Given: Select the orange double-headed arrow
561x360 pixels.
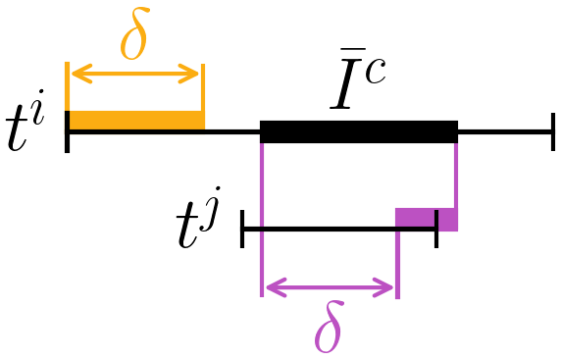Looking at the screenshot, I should [x=134, y=75].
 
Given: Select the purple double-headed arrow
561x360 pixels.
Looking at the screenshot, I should [x=329, y=288].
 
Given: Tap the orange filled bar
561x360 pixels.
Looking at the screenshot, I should [x=135, y=121].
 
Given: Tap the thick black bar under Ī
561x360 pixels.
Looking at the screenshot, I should [x=359, y=131].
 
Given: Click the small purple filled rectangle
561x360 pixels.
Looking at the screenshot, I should [x=427, y=219].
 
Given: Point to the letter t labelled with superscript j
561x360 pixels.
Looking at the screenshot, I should [x=190, y=228].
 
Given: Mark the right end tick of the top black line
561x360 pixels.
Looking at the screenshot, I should [x=553, y=131].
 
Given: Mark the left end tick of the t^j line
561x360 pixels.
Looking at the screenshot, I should [x=242, y=230].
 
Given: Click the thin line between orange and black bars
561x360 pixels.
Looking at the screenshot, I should [x=232, y=131].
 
